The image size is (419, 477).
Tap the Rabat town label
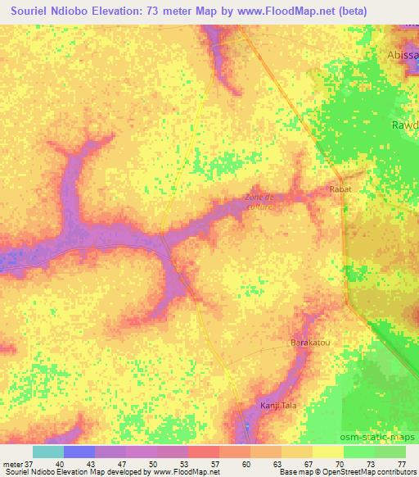click(x=340, y=189)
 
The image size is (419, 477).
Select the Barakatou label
click(x=310, y=343)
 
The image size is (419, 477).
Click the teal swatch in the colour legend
click(x=47, y=452)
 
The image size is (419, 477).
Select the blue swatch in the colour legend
click(x=79, y=452)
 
